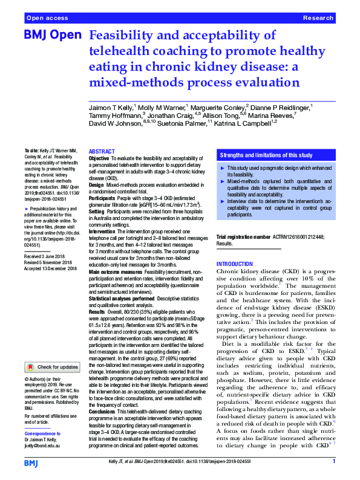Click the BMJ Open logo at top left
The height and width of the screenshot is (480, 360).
52,36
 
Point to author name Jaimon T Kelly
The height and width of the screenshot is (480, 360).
111,107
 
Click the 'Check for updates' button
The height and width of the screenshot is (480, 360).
54,367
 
